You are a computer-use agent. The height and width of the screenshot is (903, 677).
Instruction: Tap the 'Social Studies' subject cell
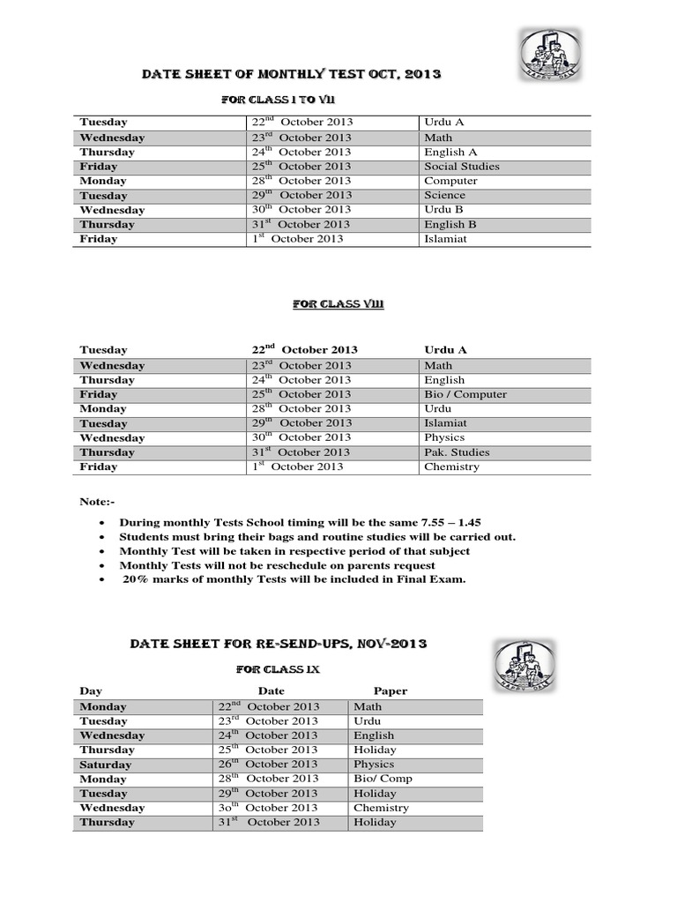pyautogui.click(x=461, y=167)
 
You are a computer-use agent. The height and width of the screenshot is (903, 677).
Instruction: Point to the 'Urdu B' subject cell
pyautogui.click(x=444, y=210)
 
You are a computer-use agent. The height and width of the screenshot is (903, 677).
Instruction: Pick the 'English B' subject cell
pyautogui.click(x=450, y=224)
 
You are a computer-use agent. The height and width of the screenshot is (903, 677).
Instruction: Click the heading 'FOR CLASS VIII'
pyautogui.click(x=338, y=304)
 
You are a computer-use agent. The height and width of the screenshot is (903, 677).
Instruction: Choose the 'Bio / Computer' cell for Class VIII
pyautogui.click(x=465, y=394)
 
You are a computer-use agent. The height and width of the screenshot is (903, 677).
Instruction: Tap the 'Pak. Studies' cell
pyautogui.click(x=457, y=452)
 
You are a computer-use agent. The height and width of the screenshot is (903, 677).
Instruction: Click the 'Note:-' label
pyautogui.click(x=97, y=502)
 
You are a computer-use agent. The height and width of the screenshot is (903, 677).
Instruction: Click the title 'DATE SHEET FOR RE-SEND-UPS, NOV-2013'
pyautogui.click(x=279, y=645)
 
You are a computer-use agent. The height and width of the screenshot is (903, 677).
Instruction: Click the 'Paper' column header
pyautogui.click(x=391, y=691)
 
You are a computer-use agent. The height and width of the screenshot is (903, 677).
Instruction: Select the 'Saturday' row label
pyautogui.click(x=105, y=765)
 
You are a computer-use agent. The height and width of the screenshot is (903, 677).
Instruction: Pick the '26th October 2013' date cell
pyautogui.click(x=269, y=765)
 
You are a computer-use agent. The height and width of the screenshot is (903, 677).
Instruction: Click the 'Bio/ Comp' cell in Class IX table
pyautogui.click(x=383, y=779)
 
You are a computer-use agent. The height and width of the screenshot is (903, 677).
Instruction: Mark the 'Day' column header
pyautogui.click(x=92, y=691)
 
